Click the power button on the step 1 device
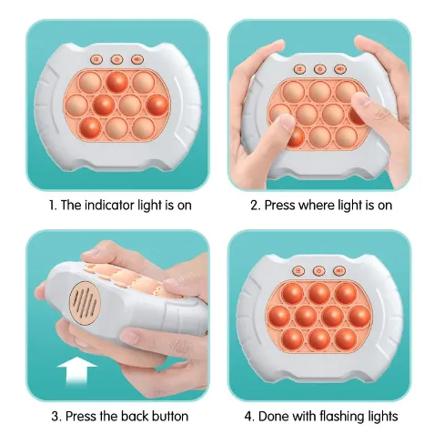pyautogui.click(x=116, y=59)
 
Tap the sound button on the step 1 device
pyautogui.click(x=136, y=59)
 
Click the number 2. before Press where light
pyautogui.click(x=256, y=205)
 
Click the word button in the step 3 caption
pyautogui.click(x=170, y=417)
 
